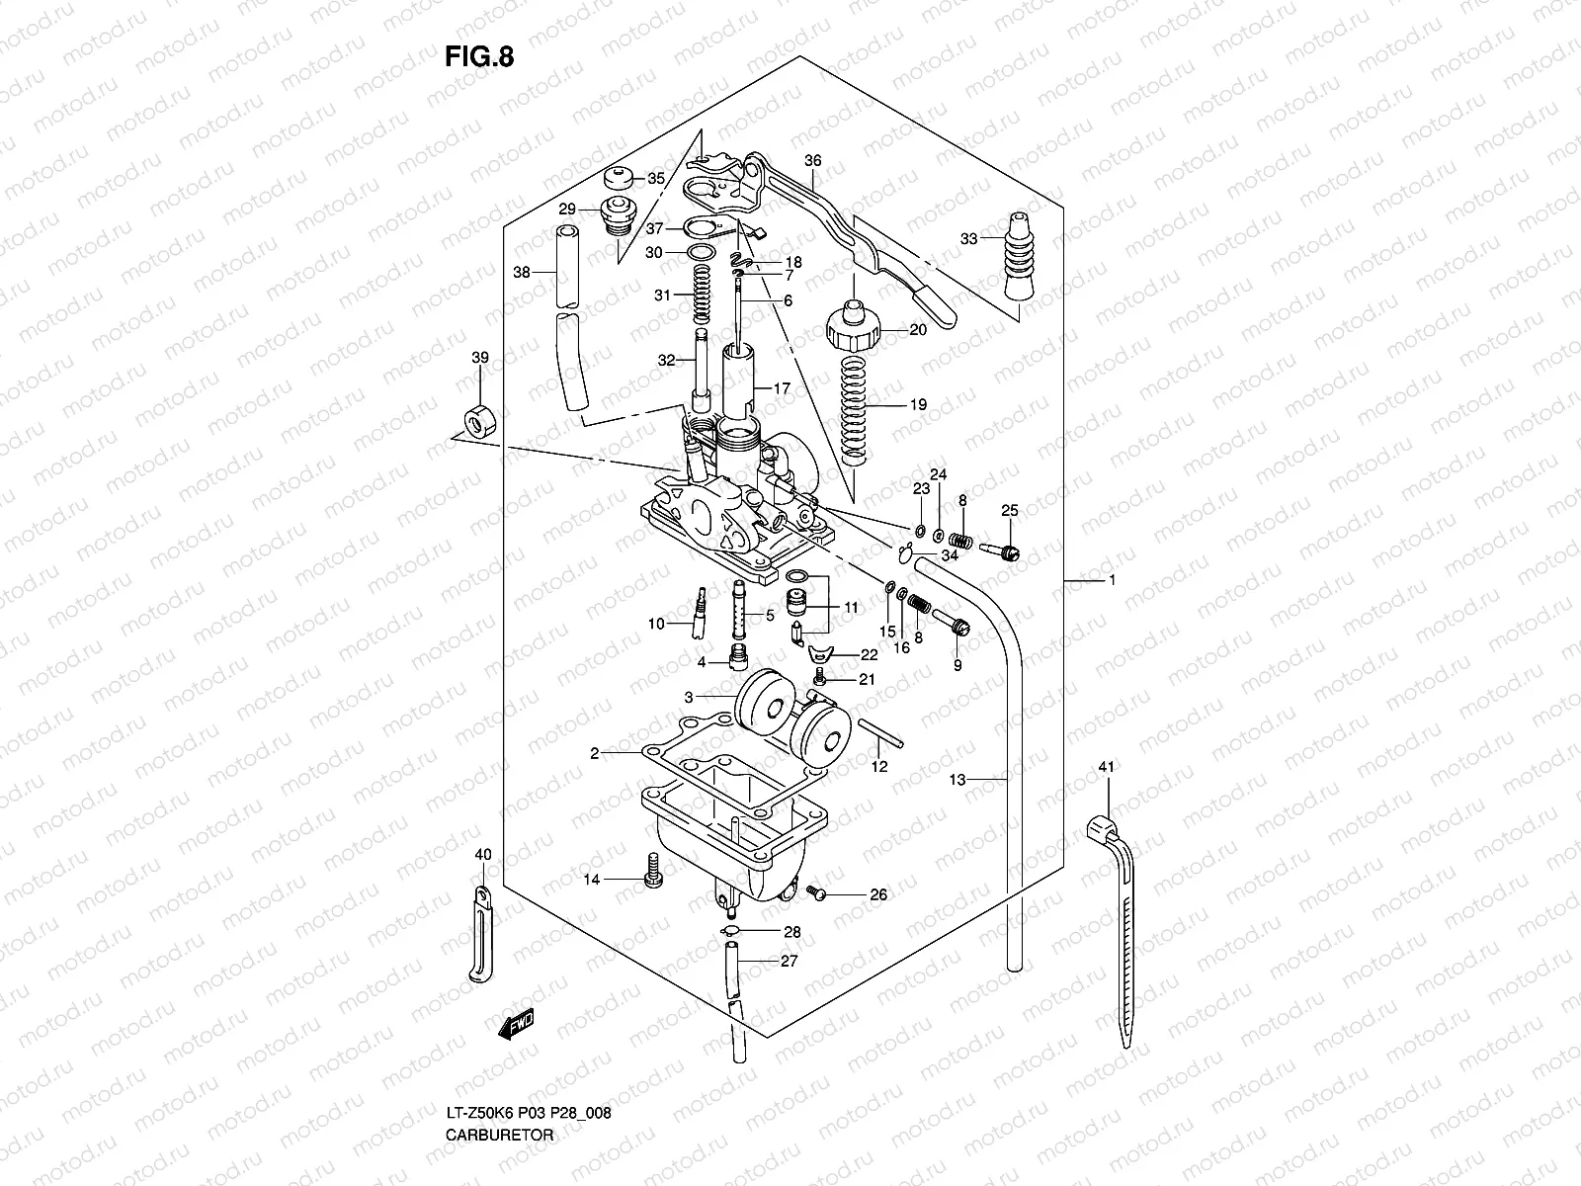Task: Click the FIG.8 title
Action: click(x=478, y=56)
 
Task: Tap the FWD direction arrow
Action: click(x=516, y=1025)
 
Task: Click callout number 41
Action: click(x=1106, y=768)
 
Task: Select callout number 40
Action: click(x=482, y=854)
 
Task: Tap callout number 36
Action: click(x=812, y=160)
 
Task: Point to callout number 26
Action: click(x=878, y=895)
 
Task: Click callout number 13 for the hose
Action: click(x=956, y=780)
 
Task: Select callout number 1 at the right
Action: click(x=1112, y=581)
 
